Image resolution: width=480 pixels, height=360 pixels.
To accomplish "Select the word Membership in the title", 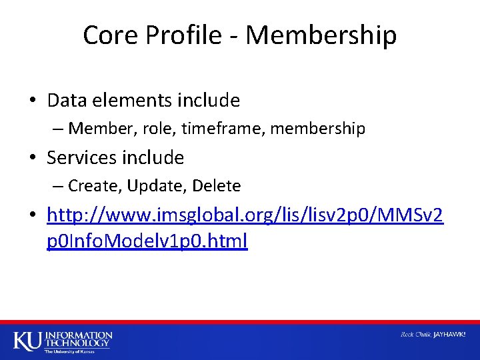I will pos(321,35).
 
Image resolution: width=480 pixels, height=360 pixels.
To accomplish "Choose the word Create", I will pos(91,185).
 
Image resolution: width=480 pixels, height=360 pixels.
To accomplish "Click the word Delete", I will pos(216,185).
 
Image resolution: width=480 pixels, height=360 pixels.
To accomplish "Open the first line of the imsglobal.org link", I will pos(245,216).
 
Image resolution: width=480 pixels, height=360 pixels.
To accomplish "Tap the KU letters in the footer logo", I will pos(27,340).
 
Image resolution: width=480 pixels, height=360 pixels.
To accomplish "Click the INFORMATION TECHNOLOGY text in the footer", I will pos(79,338).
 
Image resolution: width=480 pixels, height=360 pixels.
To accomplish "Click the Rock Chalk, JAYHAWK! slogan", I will pos(433,334).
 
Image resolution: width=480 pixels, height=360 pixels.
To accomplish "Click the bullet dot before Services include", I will pos(32,159).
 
